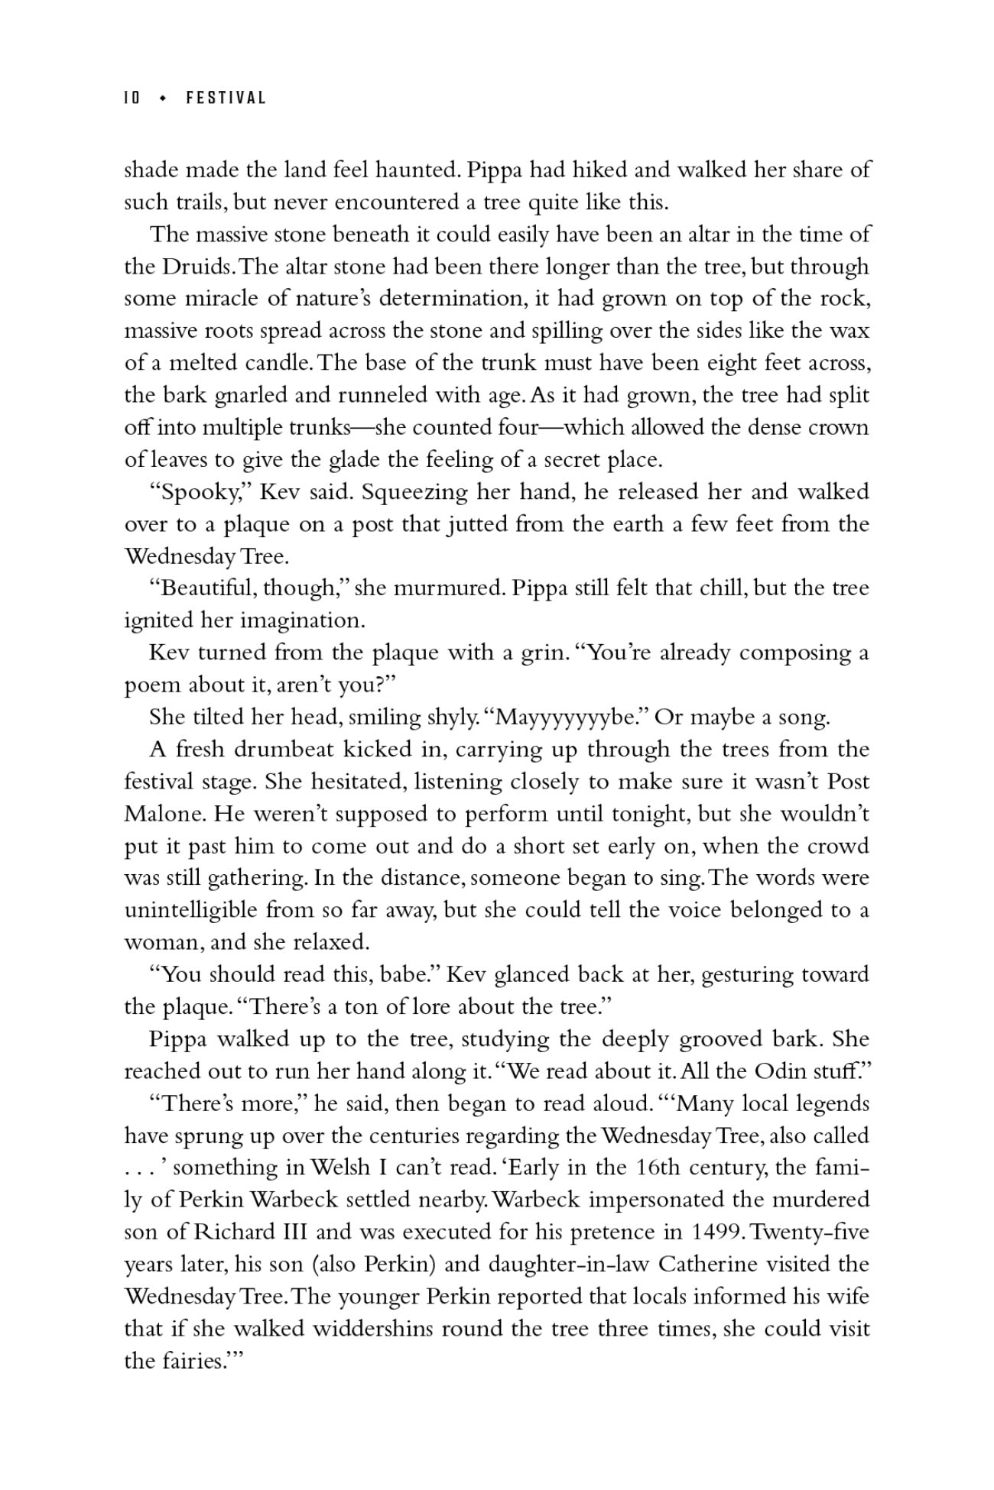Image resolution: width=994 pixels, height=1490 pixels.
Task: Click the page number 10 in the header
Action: [x=132, y=98]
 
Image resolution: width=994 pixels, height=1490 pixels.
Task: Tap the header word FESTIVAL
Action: [x=226, y=98]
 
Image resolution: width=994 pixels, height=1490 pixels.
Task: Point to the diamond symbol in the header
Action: [x=162, y=98]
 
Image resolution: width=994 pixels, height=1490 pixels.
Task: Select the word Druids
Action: [x=196, y=267]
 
